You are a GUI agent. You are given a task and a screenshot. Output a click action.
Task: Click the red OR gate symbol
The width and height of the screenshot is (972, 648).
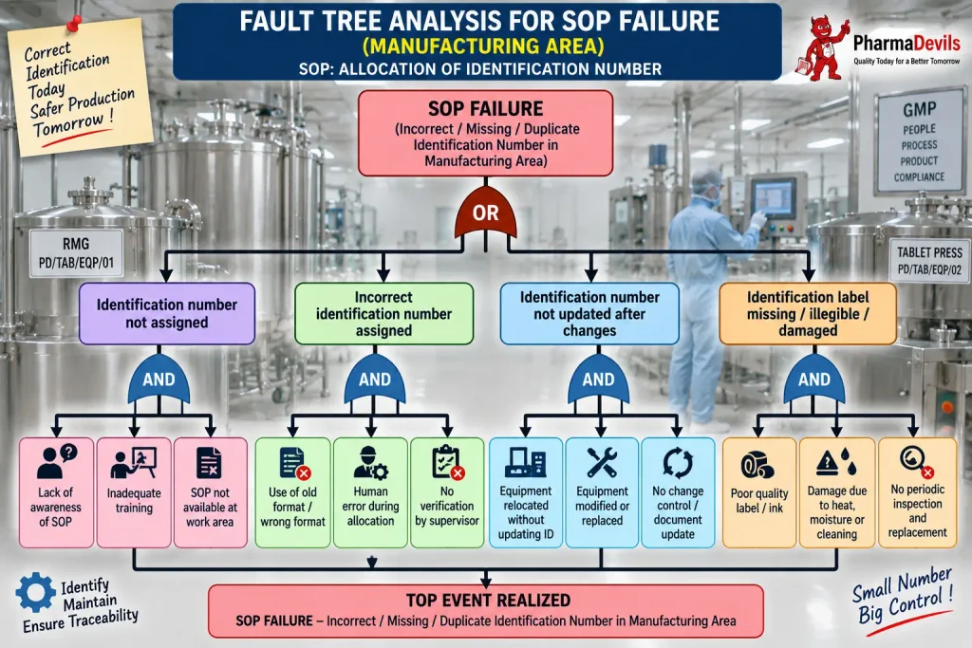pos(485,213)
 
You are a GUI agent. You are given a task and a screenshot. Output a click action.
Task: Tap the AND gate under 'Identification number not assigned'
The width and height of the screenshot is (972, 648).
pos(159,379)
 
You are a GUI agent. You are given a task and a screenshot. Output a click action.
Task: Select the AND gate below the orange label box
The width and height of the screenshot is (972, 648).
pos(813,379)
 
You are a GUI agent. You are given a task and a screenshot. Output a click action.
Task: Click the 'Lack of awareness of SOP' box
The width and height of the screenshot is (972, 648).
pos(56,492)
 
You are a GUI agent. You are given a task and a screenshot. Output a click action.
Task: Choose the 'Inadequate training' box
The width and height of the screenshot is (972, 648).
pos(134,492)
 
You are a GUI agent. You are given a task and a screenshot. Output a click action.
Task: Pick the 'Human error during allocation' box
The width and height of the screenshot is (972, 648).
pos(371,492)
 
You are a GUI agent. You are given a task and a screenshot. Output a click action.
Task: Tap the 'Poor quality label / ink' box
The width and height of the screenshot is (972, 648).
pos(759,492)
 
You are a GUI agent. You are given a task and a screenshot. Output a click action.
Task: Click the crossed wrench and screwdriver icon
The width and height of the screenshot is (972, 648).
pos(601,462)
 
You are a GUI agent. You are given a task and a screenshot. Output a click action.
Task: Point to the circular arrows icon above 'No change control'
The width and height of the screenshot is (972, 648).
pos(678,462)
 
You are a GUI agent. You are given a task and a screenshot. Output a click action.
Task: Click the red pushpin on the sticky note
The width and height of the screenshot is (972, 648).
pos(74,24)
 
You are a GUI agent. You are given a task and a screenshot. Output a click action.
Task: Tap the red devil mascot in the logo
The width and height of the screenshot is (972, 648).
pos(823,48)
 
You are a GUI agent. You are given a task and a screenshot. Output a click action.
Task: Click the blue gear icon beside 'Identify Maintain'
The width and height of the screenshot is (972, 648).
pos(35,592)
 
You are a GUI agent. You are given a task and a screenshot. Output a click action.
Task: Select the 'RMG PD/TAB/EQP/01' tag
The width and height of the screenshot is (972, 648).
pos(76,253)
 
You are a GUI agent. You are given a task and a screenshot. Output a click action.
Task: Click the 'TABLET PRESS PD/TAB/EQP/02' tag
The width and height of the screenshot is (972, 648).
pos(929,260)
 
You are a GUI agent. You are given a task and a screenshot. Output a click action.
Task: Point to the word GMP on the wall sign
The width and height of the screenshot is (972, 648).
pos(919,110)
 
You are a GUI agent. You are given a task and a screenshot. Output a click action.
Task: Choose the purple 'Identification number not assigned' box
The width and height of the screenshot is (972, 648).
pos(167,313)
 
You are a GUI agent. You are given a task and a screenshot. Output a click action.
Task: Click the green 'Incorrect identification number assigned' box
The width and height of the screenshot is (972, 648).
pos(383,313)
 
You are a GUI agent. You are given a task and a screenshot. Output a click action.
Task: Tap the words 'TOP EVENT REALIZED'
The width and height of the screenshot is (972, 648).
pos(488,601)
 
